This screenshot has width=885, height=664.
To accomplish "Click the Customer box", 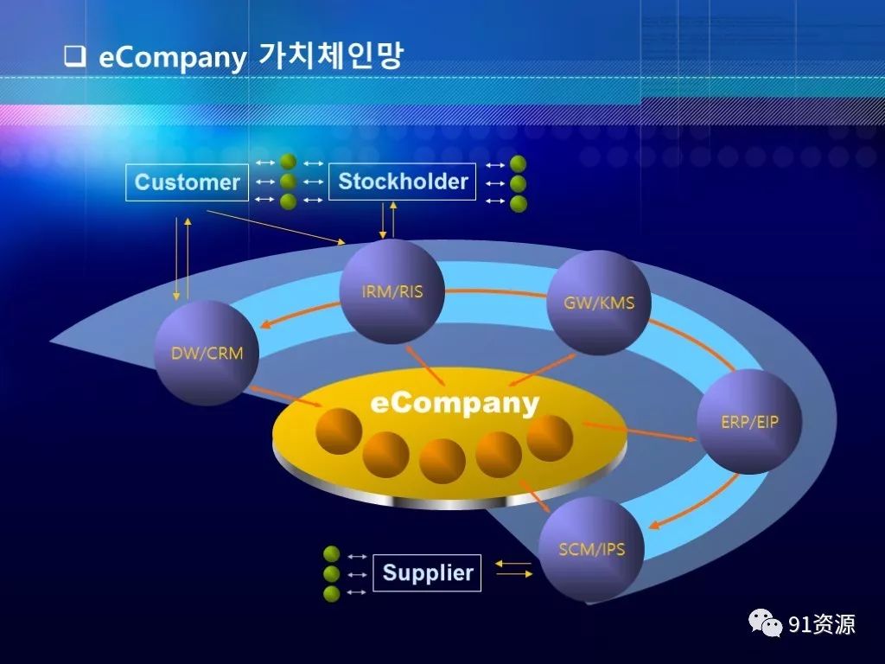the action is coord(187,182).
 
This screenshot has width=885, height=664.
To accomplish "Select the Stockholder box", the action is coord(403,182).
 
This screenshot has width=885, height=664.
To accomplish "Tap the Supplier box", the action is coord(427,573).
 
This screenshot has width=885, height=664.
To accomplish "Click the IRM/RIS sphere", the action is coord(392,291).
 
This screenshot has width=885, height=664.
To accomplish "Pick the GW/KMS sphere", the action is coord(599,303).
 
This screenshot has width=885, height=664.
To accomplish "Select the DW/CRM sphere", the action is coord(207,353).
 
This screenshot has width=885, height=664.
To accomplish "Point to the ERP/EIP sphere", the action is coord(749,421).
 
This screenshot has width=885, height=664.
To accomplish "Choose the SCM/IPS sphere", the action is coord(591,549).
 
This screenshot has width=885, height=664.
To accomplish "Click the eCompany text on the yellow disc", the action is coord(455,404).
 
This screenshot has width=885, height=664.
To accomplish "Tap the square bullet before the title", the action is coord(75,56).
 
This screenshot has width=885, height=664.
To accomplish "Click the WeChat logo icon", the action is coord(765,623).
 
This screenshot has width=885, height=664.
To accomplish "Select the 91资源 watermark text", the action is coord(822,624).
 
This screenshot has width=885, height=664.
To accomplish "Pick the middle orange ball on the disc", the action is coord(442,462).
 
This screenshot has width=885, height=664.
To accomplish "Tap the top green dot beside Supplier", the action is coord(331,554).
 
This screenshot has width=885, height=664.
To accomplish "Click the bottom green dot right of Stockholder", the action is coord(519,203).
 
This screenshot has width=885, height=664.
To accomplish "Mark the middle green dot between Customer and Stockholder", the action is coord(289,182).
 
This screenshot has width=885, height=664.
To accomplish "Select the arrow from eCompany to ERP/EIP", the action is coord(640,431).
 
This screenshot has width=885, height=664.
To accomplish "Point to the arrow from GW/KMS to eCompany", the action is coord(541,370).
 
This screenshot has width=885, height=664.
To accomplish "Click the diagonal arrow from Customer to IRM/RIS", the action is coord(276,227).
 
